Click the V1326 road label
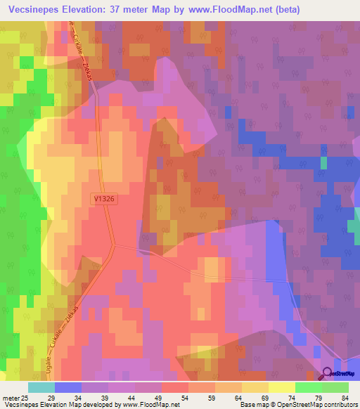103,200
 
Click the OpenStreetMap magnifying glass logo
328,372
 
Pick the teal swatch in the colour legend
41,387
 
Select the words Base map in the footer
254,405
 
